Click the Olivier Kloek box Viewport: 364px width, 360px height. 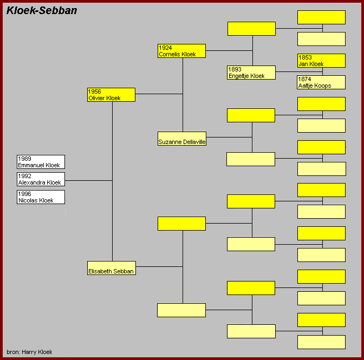point(111,95)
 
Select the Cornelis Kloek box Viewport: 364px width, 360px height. point(181,51)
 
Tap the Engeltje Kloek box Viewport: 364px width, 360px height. point(251,73)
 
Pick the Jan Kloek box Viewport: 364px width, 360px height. point(321,61)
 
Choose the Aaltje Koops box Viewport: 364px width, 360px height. point(321,82)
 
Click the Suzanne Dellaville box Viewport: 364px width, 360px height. point(182,139)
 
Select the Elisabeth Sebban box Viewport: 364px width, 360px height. point(112,268)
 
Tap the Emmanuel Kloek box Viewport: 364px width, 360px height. point(41,162)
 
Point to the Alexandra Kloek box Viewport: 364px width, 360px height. point(41,179)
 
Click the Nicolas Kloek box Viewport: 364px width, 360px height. point(41,197)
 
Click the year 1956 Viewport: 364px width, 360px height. point(94,91)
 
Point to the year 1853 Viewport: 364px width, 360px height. point(305,57)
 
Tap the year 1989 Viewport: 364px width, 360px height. point(24,159)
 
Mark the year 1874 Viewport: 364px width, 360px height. point(304,79)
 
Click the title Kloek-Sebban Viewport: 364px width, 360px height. point(42,10)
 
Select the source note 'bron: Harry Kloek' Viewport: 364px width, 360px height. point(29,352)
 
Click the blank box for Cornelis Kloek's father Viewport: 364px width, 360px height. point(252,29)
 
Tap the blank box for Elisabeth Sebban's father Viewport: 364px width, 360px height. point(181,224)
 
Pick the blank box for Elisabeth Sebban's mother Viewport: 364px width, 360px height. point(181,310)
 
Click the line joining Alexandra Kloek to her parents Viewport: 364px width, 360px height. point(88,180)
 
